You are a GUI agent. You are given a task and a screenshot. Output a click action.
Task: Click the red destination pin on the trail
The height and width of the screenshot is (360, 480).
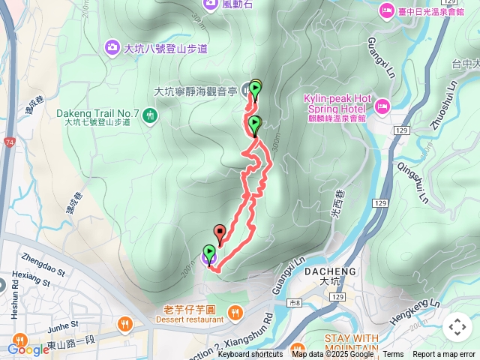coord(220,232)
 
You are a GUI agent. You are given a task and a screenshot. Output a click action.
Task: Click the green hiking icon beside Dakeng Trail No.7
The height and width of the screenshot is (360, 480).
coord(150,115)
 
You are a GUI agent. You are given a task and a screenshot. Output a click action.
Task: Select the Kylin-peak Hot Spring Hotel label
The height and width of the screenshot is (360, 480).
coord(337,103)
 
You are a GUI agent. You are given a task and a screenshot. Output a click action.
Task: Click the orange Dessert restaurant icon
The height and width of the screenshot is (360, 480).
coord(235,310)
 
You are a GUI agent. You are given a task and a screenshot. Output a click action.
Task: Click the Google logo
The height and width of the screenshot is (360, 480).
coord(28,349)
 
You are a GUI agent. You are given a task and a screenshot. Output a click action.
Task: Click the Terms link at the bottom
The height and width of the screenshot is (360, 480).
coord(393,355)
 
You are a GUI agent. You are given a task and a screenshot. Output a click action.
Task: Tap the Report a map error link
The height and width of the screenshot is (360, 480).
coord(444,355)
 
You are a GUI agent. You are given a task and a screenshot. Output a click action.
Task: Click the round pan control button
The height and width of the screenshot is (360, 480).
coord(457,327)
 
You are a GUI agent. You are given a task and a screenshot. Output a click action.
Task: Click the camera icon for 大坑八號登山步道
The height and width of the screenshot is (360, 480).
coord(112,48)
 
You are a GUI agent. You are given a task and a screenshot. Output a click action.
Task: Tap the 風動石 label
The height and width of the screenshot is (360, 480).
coord(235,4)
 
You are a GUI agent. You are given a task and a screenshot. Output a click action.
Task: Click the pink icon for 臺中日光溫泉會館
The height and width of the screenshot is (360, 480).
coord(386,10)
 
